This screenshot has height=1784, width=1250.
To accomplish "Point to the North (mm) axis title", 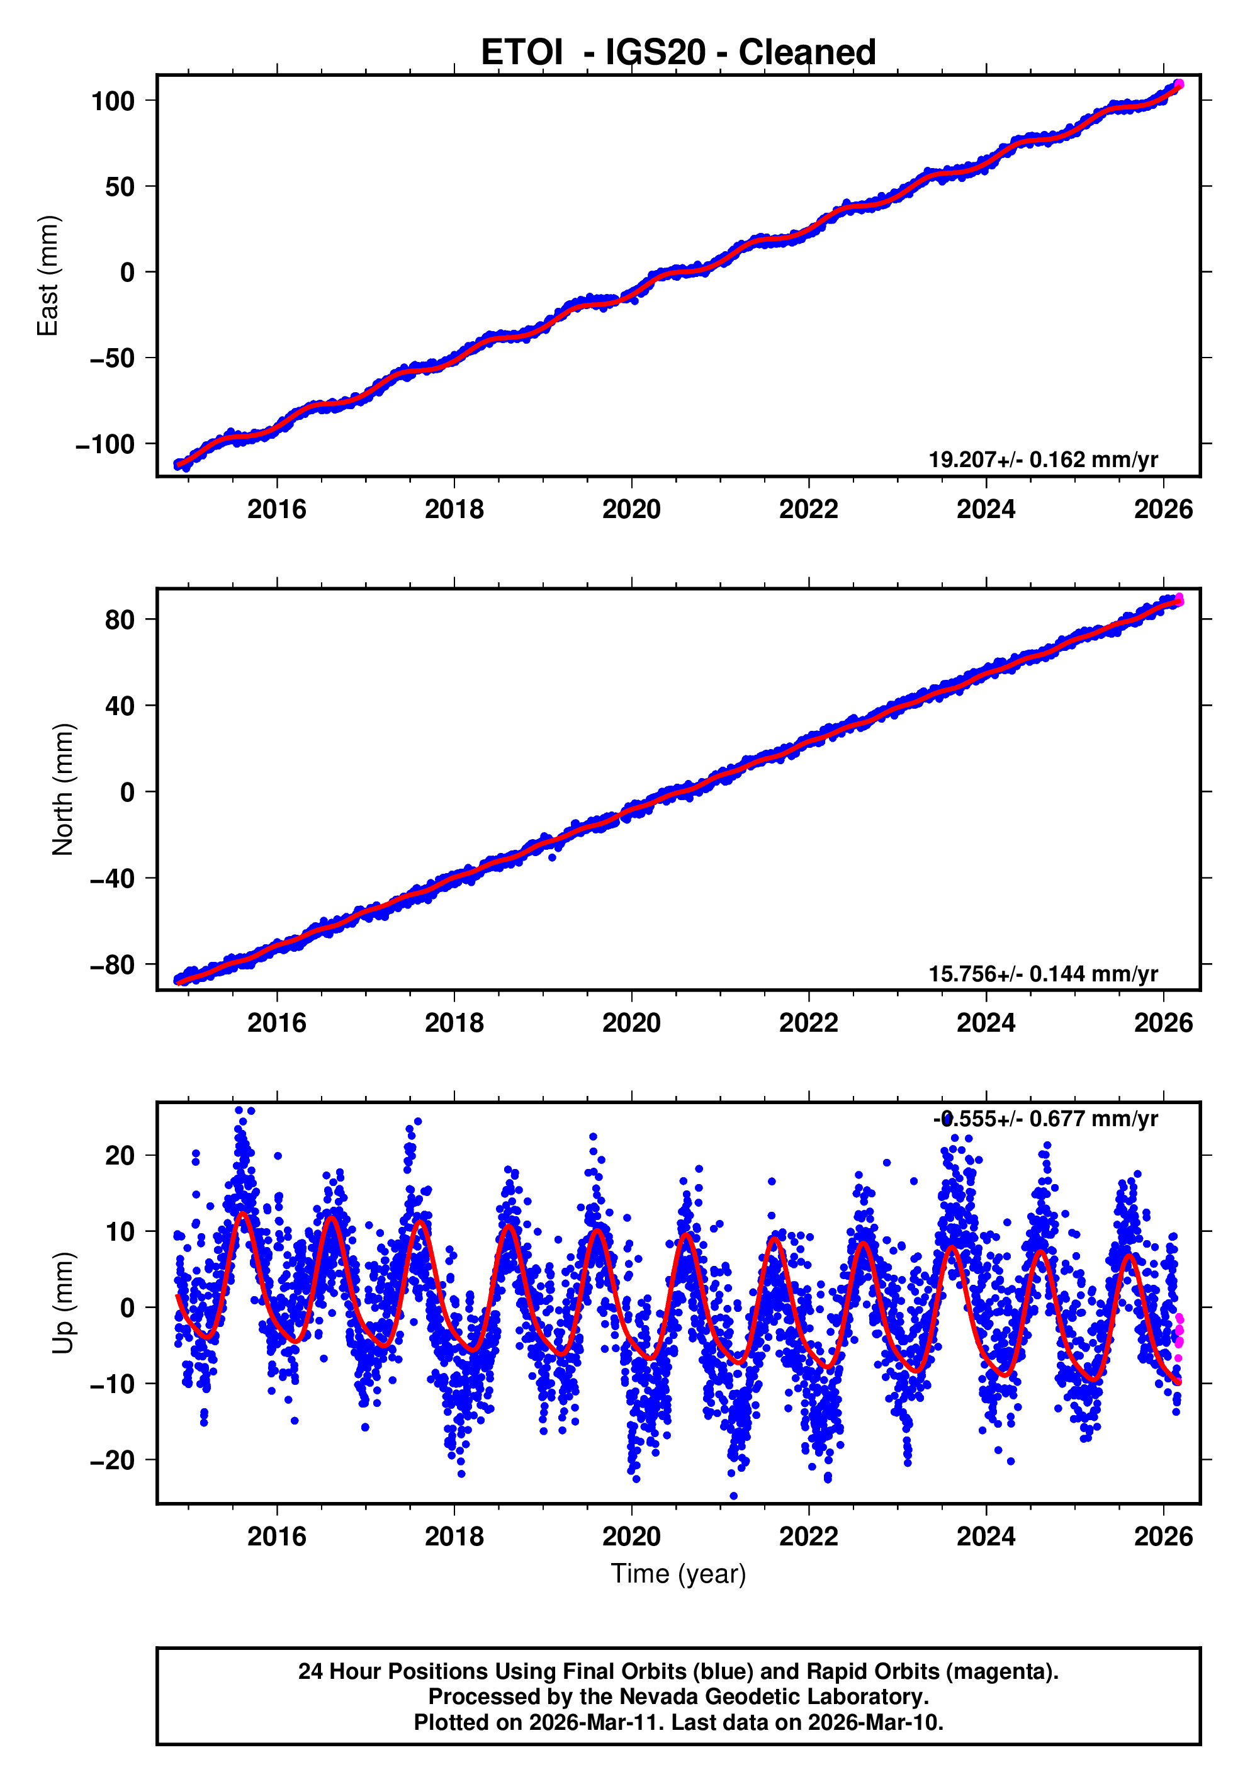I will (x=62, y=789).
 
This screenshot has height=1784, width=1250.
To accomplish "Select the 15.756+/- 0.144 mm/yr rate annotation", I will (x=1042, y=974).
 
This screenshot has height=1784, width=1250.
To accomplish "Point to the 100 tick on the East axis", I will (x=113, y=101).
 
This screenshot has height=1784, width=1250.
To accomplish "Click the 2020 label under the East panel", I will (x=631, y=510).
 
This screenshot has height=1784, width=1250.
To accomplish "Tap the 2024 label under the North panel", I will (x=985, y=1024).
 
